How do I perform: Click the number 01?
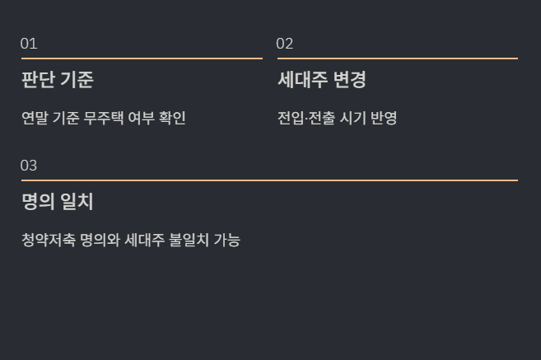29,44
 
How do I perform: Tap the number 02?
285,44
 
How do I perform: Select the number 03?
29,166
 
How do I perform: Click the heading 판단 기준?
58,80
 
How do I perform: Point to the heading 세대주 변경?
321,80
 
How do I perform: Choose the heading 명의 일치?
58,202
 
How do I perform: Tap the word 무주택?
104,118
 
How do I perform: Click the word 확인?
172,118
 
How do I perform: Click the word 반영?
384,118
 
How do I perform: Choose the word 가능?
227,241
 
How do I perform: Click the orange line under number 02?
397,58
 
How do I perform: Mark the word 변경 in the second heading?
350,80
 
